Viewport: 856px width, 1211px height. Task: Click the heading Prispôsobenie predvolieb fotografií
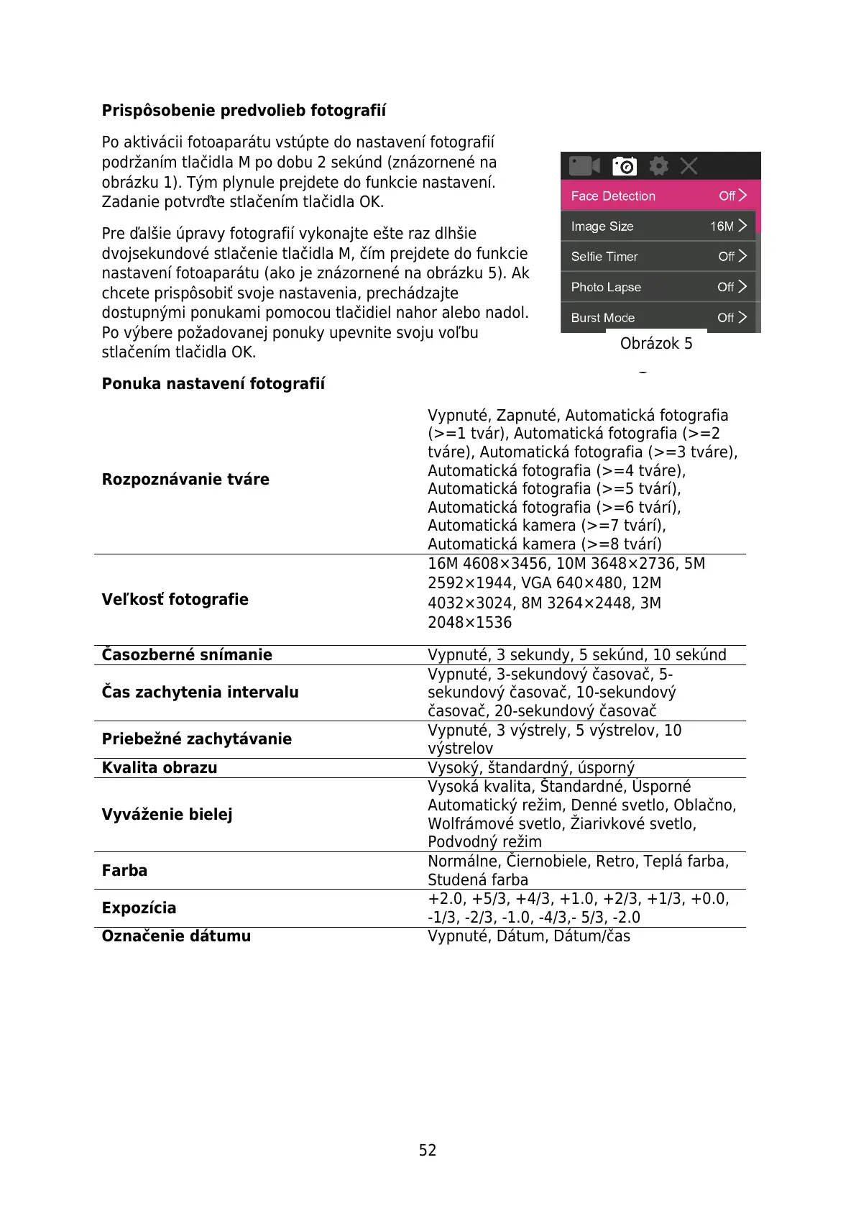(x=244, y=111)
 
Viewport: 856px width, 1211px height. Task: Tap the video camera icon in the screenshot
(x=584, y=166)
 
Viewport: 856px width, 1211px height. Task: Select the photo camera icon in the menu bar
(x=624, y=166)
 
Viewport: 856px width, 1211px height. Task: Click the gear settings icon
(x=658, y=166)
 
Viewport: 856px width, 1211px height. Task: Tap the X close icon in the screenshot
(x=689, y=166)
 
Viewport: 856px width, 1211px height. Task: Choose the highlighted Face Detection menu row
(x=658, y=196)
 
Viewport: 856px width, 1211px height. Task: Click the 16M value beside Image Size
(x=722, y=227)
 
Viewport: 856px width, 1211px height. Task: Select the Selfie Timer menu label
(x=604, y=257)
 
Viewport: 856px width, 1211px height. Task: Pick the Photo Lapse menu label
(x=606, y=287)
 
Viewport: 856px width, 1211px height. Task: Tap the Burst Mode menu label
(x=603, y=318)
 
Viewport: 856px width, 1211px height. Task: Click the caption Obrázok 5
(x=656, y=344)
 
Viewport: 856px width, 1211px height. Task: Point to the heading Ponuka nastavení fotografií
(x=213, y=384)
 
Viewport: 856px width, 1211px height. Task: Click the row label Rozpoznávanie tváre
(x=185, y=480)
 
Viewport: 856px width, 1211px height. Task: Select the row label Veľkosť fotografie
(x=175, y=600)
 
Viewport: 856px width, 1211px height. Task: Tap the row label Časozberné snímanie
(x=187, y=655)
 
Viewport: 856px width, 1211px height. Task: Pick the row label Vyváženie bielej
(x=167, y=815)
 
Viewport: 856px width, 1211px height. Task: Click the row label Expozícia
(x=139, y=908)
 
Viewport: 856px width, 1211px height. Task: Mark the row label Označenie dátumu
(x=176, y=936)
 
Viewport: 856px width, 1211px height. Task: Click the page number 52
(x=428, y=1151)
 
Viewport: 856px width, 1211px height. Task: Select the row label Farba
(x=124, y=871)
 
